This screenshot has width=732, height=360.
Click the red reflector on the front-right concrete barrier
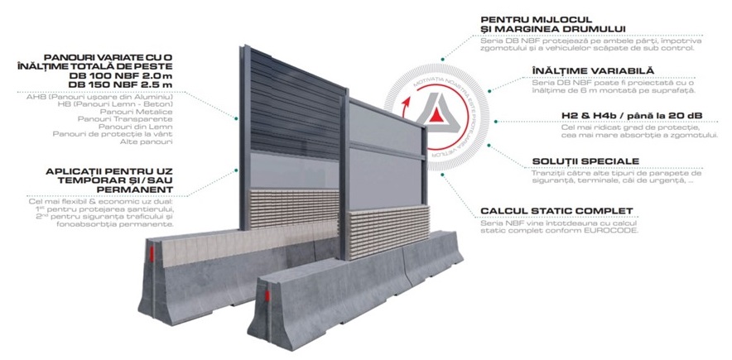[x=266, y=296]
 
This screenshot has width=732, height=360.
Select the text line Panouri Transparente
[x=147, y=118]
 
